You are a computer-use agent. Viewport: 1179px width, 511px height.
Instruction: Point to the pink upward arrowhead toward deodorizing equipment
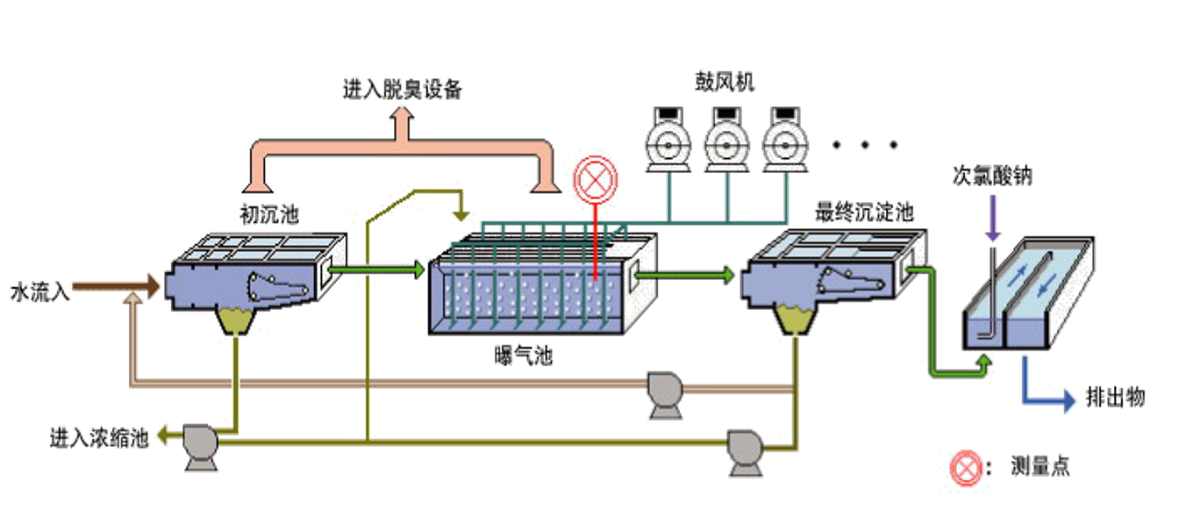[x=403, y=115]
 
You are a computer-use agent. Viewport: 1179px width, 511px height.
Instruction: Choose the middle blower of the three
[x=727, y=138]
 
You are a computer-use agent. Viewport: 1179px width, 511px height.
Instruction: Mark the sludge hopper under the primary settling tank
[x=235, y=321]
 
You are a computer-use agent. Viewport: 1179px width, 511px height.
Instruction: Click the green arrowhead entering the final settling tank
[x=730, y=276]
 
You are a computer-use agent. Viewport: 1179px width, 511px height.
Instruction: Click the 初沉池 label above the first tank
[x=259, y=212]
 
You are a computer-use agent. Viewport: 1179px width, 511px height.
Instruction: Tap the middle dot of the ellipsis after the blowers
[x=864, y=144]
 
